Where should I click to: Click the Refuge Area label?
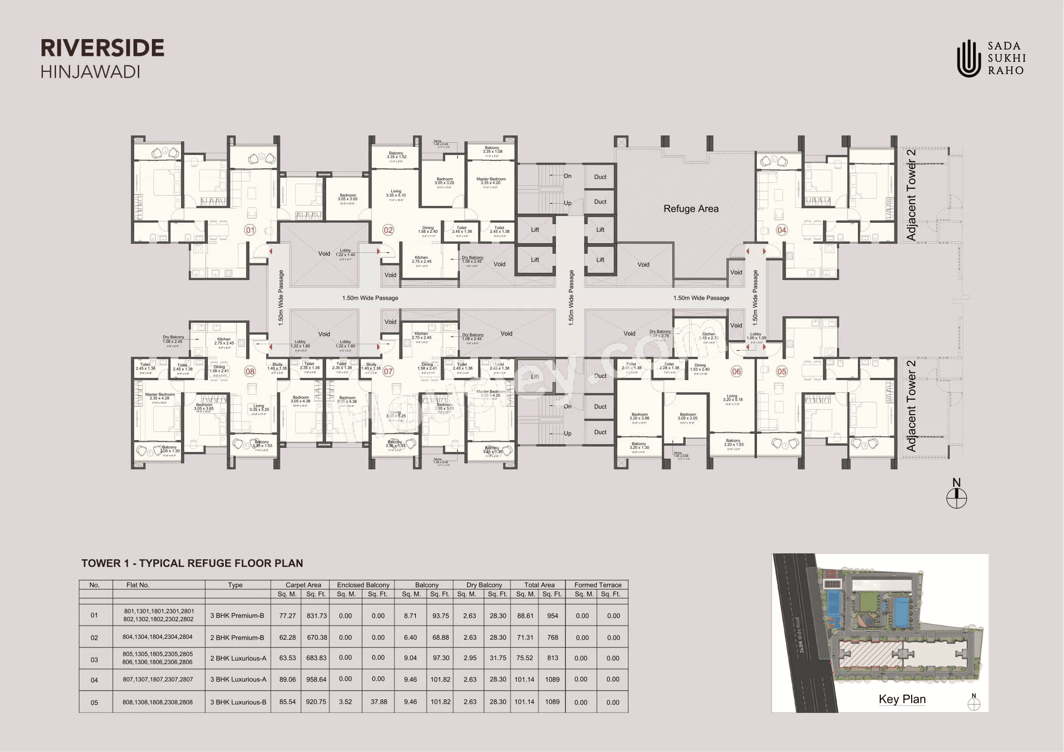691,209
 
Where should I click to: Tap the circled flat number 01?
250,230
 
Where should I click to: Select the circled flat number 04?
782,230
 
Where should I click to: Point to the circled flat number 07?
388,371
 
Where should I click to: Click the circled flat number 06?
736,371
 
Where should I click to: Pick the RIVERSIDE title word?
102,48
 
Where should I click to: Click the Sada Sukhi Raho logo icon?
968,58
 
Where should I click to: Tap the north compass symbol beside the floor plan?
957,498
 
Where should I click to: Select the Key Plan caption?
902,699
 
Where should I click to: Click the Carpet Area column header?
303,585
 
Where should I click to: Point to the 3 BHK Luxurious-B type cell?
238,702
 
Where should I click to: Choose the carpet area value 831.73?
317,616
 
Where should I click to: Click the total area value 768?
552,637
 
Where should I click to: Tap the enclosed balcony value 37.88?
378,702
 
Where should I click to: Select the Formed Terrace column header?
598,585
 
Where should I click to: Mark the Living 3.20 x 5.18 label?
732,398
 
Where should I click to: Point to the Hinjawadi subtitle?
91,72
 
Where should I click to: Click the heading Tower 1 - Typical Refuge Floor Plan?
192,563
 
